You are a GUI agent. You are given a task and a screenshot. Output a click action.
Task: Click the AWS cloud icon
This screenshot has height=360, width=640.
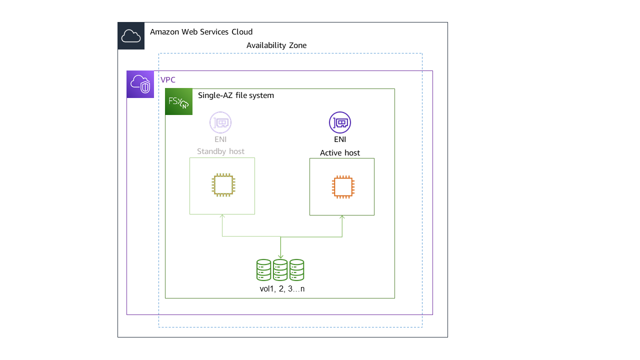pyautogui.click(x=131, y=36)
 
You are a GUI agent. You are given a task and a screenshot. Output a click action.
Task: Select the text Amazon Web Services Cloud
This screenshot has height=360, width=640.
pyautogui.click(x=201, y=32)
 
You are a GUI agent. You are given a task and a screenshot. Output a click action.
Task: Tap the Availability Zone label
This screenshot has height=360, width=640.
pyautogui.click(x=276, y=45)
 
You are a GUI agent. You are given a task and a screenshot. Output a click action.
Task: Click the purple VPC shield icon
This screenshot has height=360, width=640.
pyautogui.click(x=140, y=84)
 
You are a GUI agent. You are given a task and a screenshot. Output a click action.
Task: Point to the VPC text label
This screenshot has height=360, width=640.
pyautogui.click(x=168, y=80)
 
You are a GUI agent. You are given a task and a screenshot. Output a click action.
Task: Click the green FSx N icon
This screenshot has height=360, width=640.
pyautogui.click(x=178, y=101)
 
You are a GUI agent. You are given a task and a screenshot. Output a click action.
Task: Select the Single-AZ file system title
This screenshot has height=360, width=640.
pyautogui.click(x=236, y=95)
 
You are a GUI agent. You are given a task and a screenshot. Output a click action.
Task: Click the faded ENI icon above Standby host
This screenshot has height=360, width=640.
pyautogui.click(x=220, y=122)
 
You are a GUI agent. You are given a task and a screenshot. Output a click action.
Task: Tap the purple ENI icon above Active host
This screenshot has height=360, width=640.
pyautogui.click(x=340, y=122)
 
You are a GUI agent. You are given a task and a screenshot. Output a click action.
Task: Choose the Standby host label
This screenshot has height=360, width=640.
pyautogui.click(x=220, y=151)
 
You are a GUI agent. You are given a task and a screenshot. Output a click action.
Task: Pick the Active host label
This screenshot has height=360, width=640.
pyautogui.click(x=340, y=153)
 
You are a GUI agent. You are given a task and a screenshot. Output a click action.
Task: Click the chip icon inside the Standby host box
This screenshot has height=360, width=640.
pyautogui.click(x=222, y=185)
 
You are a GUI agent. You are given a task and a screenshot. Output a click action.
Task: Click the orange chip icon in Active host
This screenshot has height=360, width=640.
pyautogui.click(x=342, y=187)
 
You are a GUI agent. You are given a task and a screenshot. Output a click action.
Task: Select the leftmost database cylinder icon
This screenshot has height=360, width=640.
pyautogui.click(x=263, y=270)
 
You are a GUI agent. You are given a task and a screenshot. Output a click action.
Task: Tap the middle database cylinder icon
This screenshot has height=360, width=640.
pyautogui.click(x=280, y=270)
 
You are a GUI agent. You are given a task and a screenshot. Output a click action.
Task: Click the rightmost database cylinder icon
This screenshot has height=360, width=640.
pyautogui.click(x=296, y=270)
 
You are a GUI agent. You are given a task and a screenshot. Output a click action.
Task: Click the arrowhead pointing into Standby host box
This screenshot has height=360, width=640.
pyautogui.click(x=222, y=217)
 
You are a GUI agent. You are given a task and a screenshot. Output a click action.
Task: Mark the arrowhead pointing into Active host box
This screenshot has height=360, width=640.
pyautogui.click(x=342, y=218)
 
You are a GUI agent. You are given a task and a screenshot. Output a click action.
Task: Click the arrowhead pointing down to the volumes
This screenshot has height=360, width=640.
pyautogui.click(x=280, y=257)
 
